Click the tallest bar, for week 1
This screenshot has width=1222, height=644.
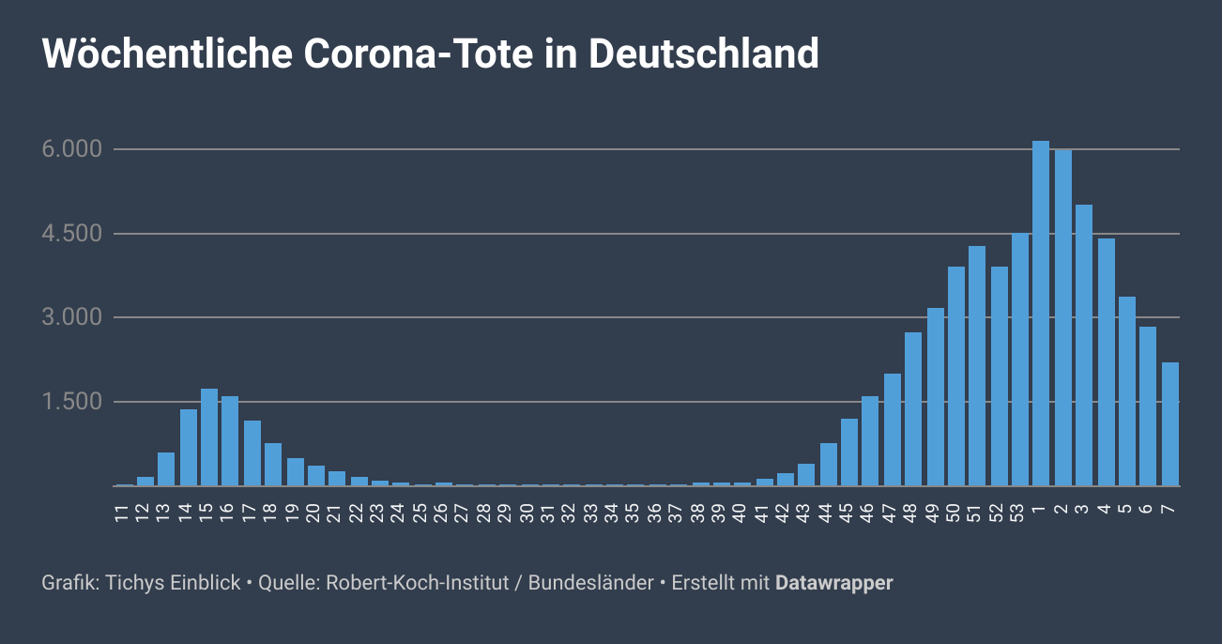(x=1040, y=314)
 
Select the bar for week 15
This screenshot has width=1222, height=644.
(x=209, y=437)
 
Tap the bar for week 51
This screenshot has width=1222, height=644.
(x=977, y=366)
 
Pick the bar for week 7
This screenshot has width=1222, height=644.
(x=1169, y=424)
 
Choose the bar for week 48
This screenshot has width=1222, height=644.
(x=913, y=409)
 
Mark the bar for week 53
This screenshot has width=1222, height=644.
(x=1020, y=360)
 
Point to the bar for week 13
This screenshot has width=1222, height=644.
(x=166, y=469)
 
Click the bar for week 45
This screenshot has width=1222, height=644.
(x=849, y=452)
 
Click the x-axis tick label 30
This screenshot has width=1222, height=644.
(x=527, y=513)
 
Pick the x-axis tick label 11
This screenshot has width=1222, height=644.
(x=123, y=513)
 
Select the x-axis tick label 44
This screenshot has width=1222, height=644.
(x=827, y=513)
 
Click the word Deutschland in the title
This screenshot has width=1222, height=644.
(x=704, y=54)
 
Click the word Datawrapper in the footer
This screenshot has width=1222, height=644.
(x=833, y=583)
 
